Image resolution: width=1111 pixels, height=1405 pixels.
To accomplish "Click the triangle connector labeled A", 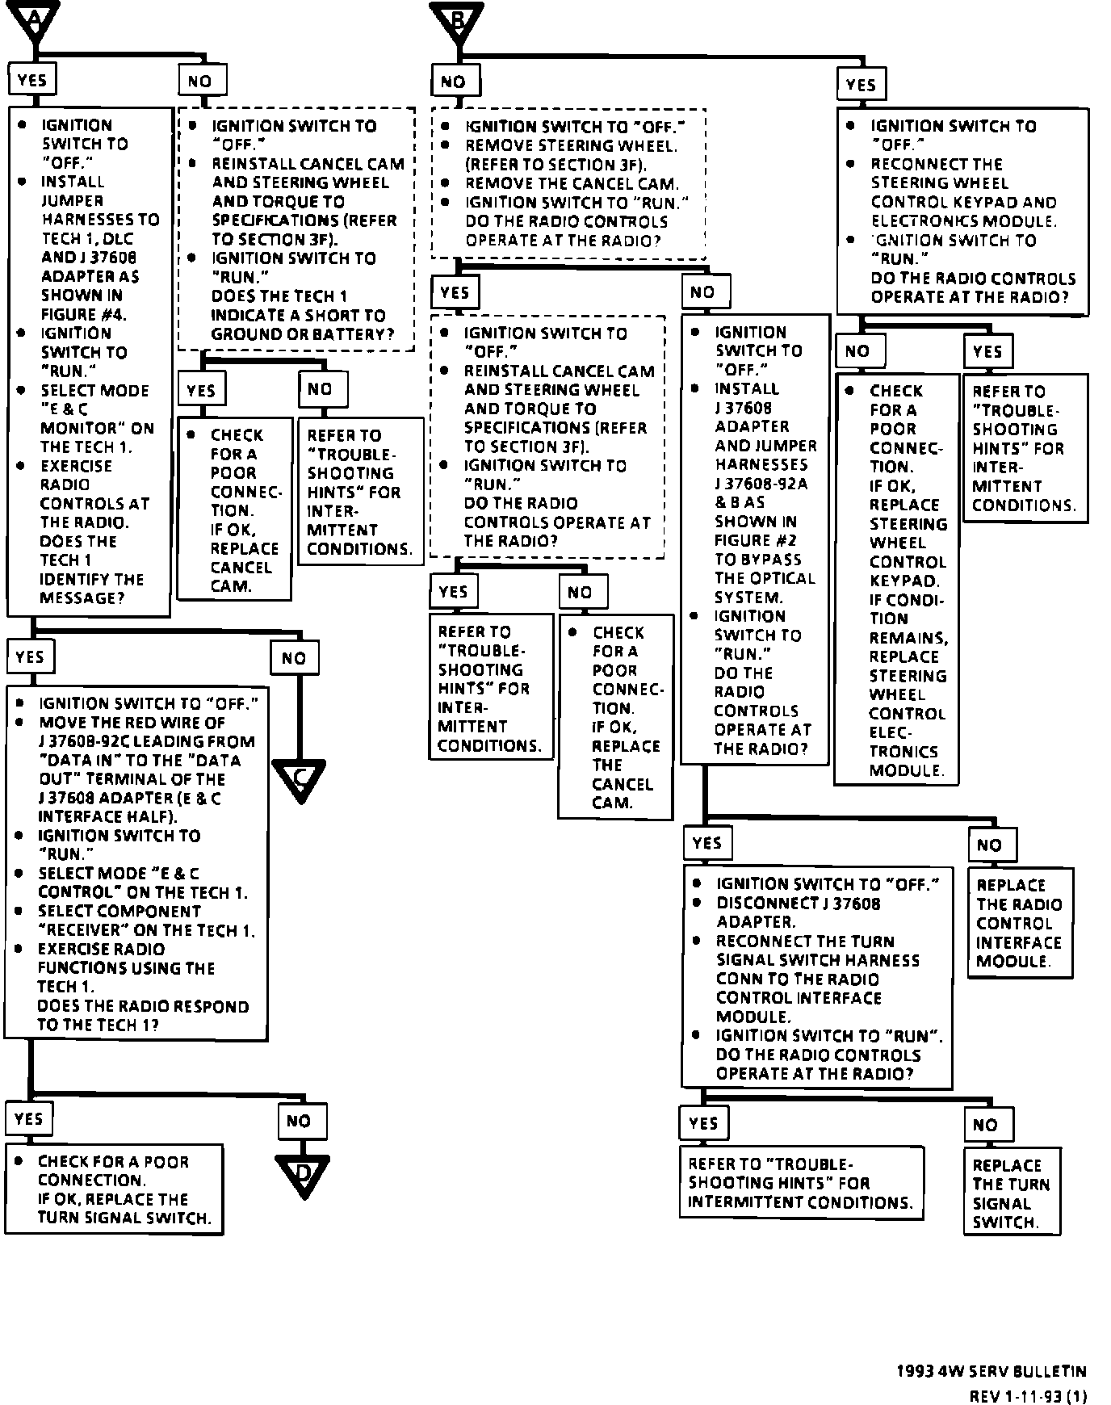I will [34, 20].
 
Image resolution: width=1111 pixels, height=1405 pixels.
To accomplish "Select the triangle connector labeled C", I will [299, 778].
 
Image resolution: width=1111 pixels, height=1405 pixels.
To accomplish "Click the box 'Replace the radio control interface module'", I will [1020, 923].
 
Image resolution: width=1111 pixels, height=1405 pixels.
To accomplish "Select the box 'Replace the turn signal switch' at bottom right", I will [1012, 1193].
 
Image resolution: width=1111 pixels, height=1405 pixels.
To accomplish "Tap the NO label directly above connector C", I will [294, 658].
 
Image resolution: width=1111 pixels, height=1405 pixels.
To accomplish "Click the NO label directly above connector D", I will [299, 1121].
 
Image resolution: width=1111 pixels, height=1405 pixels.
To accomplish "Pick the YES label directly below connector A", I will [32, 80].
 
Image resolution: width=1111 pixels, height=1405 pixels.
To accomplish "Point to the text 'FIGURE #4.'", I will [83, 314].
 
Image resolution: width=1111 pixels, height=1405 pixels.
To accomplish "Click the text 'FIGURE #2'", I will [755, 540].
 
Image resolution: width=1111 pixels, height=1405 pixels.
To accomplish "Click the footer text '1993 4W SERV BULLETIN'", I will [991, 1371].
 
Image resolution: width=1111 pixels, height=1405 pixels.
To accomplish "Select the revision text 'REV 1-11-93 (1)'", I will [1028, 1396].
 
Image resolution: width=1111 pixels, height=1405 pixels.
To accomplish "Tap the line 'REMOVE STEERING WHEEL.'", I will [571, 145].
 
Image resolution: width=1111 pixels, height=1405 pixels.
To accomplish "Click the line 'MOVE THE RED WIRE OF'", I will [132, 723].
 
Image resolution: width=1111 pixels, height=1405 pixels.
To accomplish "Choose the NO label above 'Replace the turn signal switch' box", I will [985, 1125].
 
